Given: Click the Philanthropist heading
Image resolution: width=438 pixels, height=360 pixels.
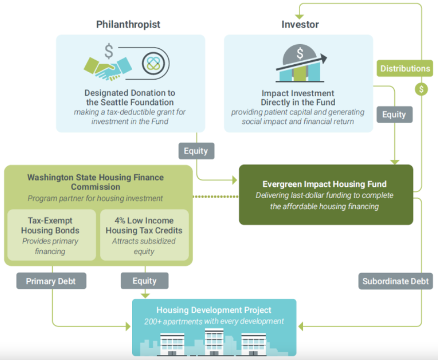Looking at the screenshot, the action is [128, 25].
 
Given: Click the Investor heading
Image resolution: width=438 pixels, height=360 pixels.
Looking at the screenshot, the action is [300, 25].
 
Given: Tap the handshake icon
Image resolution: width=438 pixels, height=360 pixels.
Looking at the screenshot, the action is [108, 68].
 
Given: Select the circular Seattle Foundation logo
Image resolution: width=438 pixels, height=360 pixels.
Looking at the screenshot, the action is [153, 63].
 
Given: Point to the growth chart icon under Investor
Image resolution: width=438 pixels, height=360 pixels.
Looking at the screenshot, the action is [301, 63].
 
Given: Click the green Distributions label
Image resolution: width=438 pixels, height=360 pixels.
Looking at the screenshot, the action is [405, 68].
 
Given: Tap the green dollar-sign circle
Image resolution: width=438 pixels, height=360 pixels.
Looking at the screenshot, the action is [421, 89].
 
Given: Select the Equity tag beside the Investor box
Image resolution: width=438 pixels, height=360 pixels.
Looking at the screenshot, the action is [394, 115].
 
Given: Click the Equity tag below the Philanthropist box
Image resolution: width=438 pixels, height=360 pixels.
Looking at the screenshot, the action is [196, 151].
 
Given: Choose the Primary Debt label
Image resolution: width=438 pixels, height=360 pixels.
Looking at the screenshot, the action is [51, 281].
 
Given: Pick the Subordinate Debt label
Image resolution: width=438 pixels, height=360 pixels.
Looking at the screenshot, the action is [395, 281].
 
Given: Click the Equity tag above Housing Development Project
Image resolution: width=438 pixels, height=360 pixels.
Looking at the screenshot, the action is [144, 281].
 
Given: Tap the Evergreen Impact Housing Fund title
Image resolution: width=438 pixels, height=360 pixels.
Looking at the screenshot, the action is [324, 184].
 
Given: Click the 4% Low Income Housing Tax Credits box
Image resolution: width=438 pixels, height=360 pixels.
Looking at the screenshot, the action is [144, 235].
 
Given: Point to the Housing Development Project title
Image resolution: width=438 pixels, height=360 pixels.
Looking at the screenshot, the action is [214, 310].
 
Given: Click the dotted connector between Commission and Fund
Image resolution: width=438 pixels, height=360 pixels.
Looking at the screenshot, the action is [215, 197].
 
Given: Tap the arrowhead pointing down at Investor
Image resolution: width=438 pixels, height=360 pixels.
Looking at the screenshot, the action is [299, 17].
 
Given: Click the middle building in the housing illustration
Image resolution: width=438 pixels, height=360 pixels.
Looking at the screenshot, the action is [214, 342].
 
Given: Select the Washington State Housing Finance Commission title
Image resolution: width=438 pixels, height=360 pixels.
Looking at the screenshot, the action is [96, 182].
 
